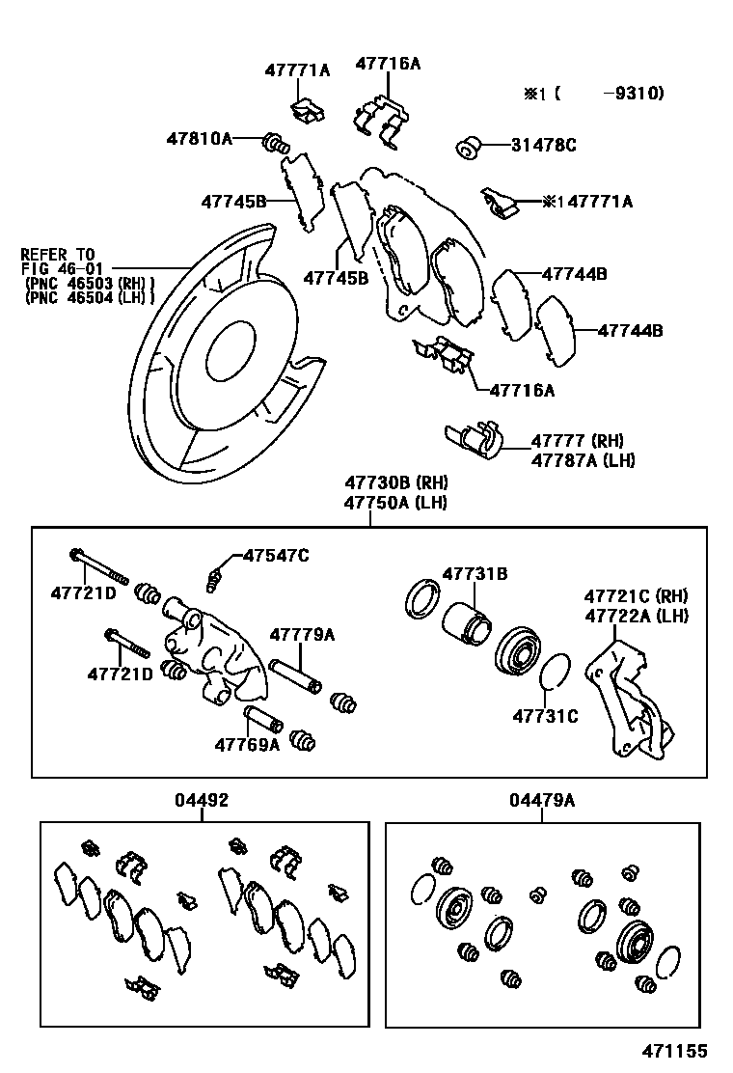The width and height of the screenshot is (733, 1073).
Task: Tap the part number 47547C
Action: (x=276, y=555)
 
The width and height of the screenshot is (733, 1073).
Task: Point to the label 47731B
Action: (x=475, y=574)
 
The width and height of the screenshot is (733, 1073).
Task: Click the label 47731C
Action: (x=545, y=716)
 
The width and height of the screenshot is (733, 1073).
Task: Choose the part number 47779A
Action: (x=302, y=634)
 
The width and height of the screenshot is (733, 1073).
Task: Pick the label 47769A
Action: (x=247, y=744)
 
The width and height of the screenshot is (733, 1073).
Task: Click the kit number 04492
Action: (x=202, y=800)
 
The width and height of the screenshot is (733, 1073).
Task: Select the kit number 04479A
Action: (x=541, y=800)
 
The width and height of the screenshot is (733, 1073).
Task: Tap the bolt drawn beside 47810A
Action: (x=276, y=146)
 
